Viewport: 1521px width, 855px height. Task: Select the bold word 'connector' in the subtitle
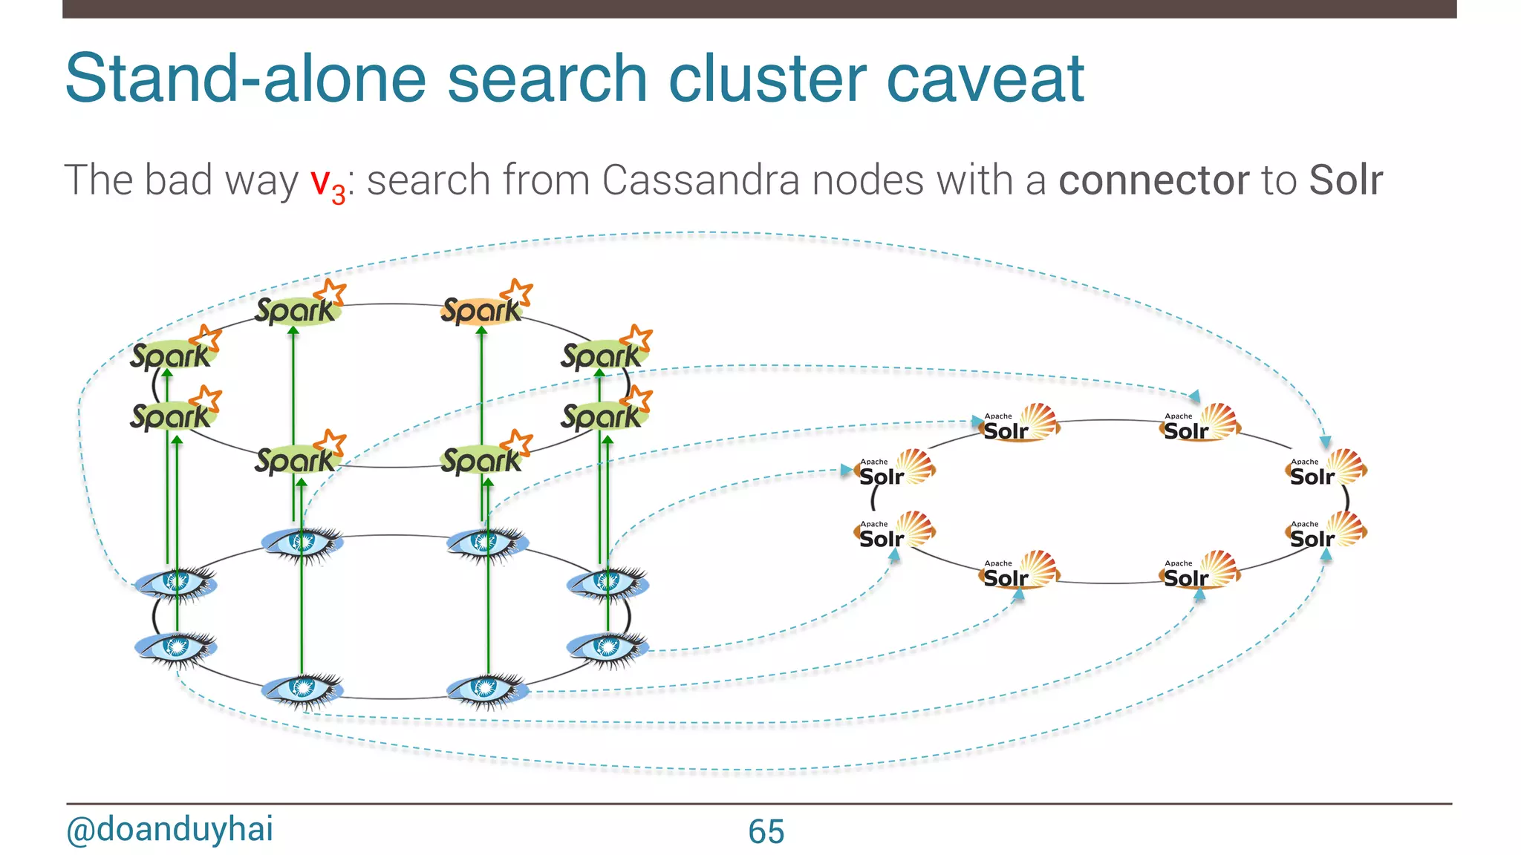[1153, 180]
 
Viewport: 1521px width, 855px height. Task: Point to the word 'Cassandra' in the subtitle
[700, 180]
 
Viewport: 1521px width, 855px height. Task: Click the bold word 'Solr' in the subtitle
[1345, 180]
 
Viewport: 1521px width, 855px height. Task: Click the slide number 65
[766, 831]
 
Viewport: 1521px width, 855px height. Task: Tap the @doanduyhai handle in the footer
[170, 829]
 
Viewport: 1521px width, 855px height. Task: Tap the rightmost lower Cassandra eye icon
[608, 648]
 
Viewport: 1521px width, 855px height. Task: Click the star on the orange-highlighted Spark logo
[517, 292]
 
